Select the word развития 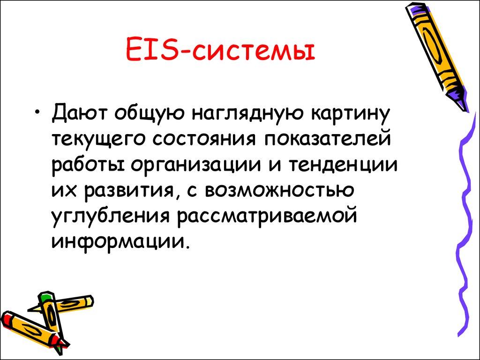[129, 191]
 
